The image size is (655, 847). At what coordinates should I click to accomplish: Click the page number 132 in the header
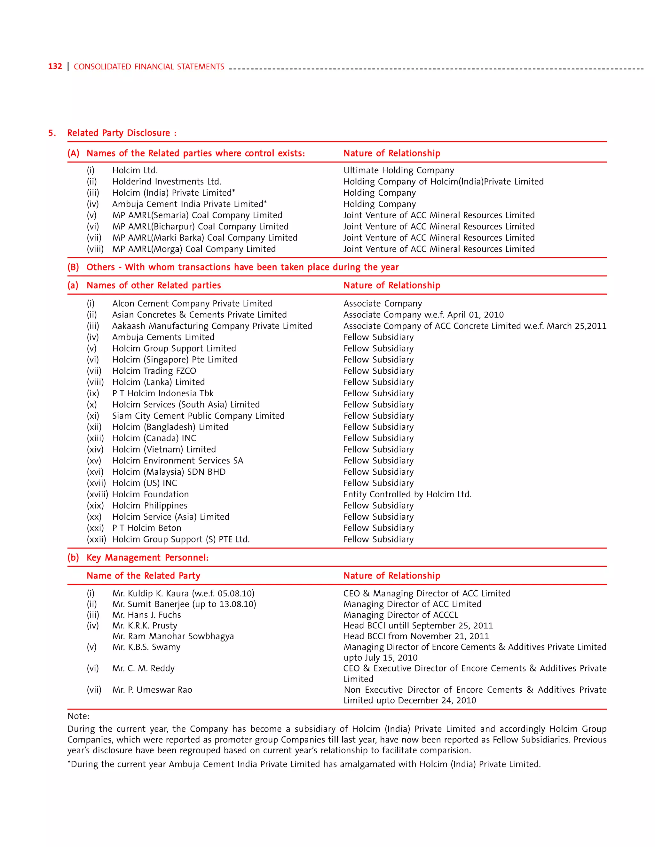pyautogui.click(x=55, y=66)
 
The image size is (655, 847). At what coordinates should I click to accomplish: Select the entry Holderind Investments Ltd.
pyautogui.click(x=166, y=182)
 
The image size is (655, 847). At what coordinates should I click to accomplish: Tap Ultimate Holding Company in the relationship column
pyautogui.click(x=399, y=170)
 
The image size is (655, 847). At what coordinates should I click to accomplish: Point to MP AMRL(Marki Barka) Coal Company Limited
pyautogui.click(x=204, y=238)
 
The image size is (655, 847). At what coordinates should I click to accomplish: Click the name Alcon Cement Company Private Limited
pyautogui.click(x=192, y=303)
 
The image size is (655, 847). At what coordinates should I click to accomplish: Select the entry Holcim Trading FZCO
pyautogui.click(x=154, y=371)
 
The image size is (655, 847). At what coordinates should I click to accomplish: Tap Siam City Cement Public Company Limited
pyautogui.click(x=198, y=416)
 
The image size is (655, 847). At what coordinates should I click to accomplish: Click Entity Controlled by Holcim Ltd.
pyautogui.click(x=407, y=494)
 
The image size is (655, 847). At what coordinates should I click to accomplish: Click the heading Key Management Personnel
pyautogui.click(x=147, y=558)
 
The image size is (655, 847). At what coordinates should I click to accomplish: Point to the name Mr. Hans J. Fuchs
pyautogui.click(x=147, y=615)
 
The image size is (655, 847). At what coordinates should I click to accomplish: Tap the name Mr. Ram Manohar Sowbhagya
pyautogui.click(x=173, y=636)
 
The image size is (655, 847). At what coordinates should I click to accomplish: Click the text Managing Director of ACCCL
pyautogui.click(x=400, y=615)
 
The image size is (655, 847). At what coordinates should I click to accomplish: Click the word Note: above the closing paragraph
pyautogui.click(x=78, y=716)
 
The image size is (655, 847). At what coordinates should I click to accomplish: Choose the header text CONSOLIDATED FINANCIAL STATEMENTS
pyautogui.click(x=149, y=67)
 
